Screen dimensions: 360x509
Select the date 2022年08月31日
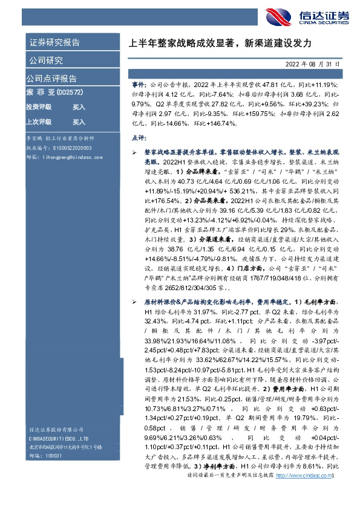tap(313, 63)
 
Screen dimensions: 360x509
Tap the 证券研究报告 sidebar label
tap(54, 43)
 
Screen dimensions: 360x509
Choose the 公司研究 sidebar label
tap(46, 60)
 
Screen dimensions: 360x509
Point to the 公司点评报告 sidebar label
tap(51, 79)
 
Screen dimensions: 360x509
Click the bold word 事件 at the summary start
tap(139, 86)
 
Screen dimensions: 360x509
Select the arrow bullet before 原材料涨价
tap(136, 300)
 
